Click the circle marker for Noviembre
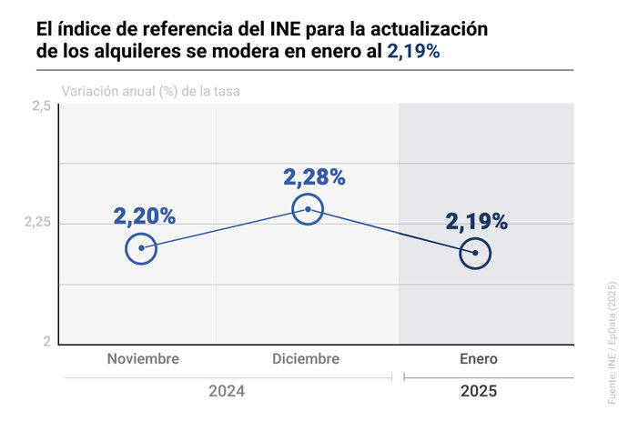(x=141, y=247)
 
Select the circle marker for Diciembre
(x=308, y=209)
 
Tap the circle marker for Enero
(x=475, y=253)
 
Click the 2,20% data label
(x=145, y=216)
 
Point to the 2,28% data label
(x=314, y=177)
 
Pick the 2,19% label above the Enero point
(x=477, y=222)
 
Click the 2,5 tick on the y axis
(x=41, y=107)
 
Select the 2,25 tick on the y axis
(x=37, y=224)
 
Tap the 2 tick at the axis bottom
(x=46, y=342)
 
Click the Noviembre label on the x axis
(x=143, y=359)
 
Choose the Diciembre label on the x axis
(x=306, y=359)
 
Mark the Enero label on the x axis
(x=479, y=359)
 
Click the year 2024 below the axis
(x=228, y=392)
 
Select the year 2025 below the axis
(x=479, y=392)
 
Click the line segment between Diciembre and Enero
(x=391, y=231)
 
